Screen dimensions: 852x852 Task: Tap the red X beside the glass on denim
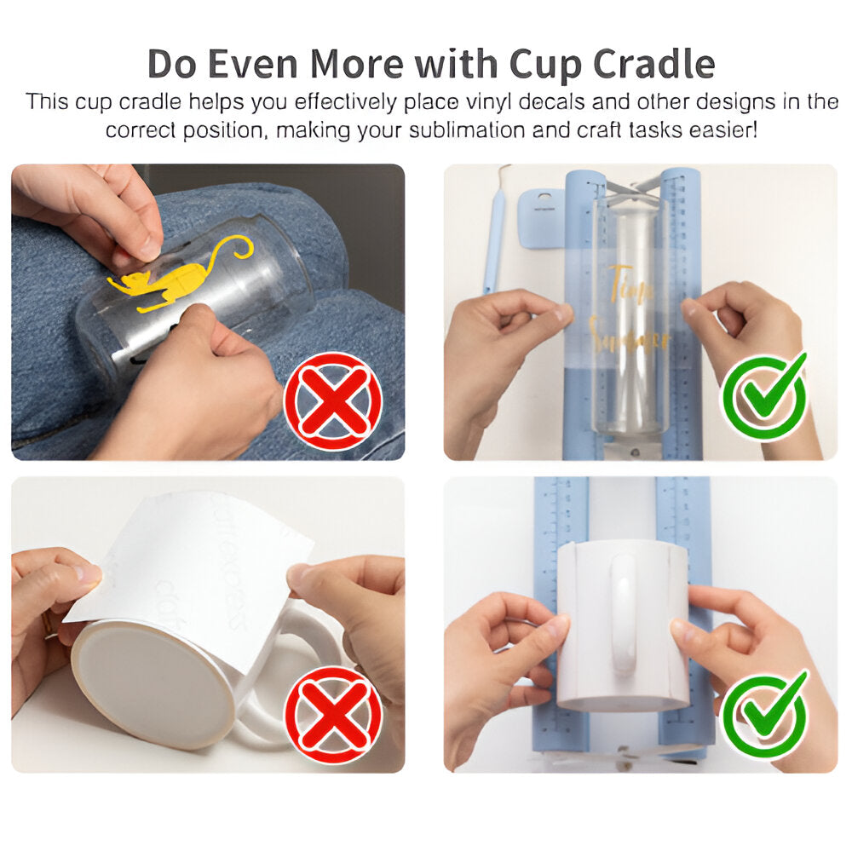pos(332,400)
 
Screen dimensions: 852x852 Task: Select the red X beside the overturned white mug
pos(333,715)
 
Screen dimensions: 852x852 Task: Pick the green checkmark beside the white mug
pos(764,715)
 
